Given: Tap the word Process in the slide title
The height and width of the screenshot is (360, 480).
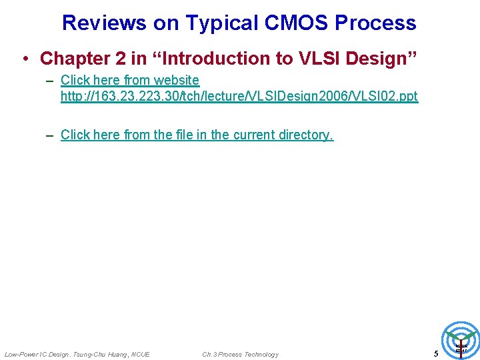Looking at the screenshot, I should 375,23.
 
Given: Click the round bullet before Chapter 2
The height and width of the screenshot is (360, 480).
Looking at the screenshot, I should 25,59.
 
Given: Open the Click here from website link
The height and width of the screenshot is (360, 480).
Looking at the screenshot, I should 130,80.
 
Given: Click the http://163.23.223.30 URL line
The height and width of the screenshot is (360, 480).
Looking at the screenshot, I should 239,96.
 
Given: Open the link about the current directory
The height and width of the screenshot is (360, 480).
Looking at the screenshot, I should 197,135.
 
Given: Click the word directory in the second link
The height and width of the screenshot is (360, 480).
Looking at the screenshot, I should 306,135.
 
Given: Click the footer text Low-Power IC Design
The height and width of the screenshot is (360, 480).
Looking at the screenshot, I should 36,354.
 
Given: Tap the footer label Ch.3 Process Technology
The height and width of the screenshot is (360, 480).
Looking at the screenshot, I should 240,354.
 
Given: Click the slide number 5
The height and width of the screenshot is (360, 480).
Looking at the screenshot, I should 436,354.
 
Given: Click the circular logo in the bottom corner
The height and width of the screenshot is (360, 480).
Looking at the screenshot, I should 461,340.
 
